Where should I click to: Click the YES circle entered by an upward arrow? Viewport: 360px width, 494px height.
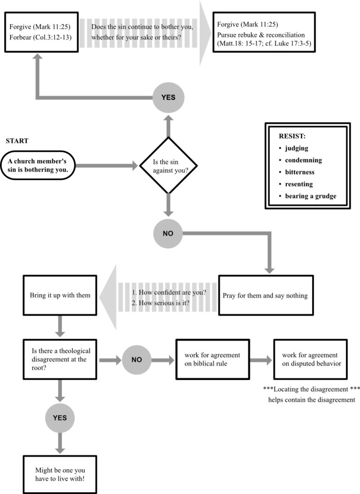[x=168, y=98]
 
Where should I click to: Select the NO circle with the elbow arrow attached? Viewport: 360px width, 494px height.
[x=168, y=233]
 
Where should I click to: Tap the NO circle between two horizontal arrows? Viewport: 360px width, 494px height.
[x=136, y=360]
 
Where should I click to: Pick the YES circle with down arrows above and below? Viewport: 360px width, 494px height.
[x=60, y=418]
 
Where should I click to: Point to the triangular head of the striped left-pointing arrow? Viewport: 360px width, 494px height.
[x=108, y=297]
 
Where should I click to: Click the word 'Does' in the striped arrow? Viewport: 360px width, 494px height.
[x=99, y=27]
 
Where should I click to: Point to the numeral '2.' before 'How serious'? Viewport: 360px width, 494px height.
[x=134, y=303]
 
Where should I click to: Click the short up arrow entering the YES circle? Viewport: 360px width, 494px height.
[x=168, y=126]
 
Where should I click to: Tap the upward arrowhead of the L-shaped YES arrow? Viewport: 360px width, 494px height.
[x=37, y=57]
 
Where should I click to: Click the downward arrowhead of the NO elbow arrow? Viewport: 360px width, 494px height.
[x=269, y=270]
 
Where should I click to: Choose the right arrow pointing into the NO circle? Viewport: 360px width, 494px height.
[x=110, y=360]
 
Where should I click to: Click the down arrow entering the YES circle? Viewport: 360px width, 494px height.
[x=60, y=391]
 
